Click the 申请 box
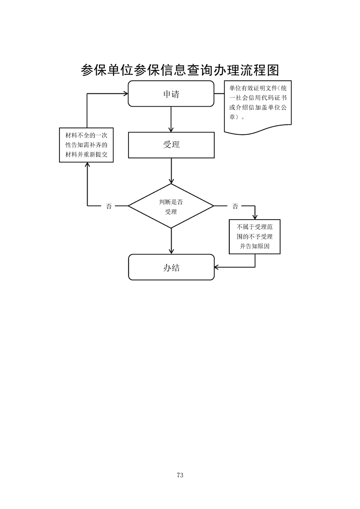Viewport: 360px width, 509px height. (x=171, y=94)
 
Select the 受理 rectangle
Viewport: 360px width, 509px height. (x=171, y=145)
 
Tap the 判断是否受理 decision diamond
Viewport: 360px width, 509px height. (x=171, y=206)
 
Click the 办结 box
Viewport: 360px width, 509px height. (x=171, y=267)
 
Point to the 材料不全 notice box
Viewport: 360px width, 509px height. (x=86, y=145)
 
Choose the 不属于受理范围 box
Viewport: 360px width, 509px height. (x=255, y=236)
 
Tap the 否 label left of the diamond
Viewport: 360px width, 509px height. (x=108, y=206)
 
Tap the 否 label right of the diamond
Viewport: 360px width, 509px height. (x=235, y=206)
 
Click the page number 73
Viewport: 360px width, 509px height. (x=180, y=475)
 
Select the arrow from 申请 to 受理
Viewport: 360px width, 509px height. (x=171, y=119)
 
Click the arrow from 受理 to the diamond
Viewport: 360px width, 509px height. (x=171, y=171)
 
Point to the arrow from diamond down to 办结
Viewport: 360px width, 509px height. (x=171, y=240)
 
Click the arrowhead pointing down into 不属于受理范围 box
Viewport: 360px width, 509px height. (x=255, y=216)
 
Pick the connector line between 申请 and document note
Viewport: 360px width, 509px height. (x=219, y=94)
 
